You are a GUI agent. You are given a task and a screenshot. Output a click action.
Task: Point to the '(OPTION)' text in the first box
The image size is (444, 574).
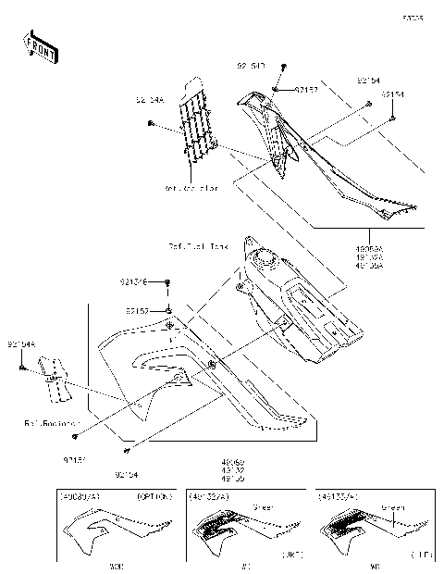tap(153, 497)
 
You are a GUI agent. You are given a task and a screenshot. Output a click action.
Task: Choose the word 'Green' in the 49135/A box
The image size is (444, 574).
tap(393, 507)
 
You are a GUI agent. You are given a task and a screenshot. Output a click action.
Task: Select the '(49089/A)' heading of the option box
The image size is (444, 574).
tap(80, 497)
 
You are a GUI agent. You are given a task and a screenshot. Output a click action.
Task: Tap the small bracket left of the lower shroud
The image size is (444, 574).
tap(54, 378)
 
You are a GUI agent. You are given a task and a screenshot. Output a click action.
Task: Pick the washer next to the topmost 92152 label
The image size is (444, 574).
tap(277, 89)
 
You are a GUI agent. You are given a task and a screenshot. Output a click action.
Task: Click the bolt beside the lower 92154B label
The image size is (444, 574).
tap(168, 281)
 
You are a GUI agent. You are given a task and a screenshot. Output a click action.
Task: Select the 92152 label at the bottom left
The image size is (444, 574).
tap(75, 459)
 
